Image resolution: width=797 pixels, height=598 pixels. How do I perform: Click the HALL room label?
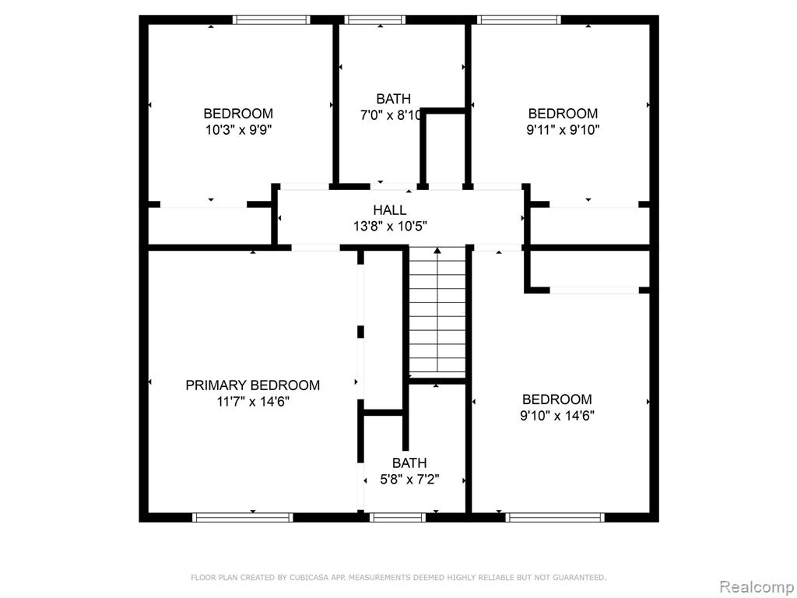pyautogui.click(x=389, y=210)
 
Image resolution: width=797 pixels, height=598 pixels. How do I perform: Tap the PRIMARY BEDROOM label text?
pyautogui.click(x=253, y=385)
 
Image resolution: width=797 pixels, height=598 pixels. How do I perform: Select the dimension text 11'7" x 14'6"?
pyautogui.click(x=253, y=402)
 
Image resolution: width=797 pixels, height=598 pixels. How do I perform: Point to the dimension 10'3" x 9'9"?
pyautogui.click(x=238, y=130)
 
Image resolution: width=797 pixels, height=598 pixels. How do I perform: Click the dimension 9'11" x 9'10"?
pyautogui.click(x=563, y=130)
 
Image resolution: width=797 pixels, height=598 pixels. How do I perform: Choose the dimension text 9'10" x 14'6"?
pyautogui.click(x=557, y=416)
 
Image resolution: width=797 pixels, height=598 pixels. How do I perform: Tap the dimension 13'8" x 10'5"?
pyautogui.click(x=390, y=227)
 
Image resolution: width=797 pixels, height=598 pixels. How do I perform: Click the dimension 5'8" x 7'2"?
pyautogui.click(x=409, y=480)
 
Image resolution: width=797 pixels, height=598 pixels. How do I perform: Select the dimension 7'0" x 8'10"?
pyautogui.click(x=391, y=115)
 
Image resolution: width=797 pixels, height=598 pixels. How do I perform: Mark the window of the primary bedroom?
pyautogui.click(x=243, y=518)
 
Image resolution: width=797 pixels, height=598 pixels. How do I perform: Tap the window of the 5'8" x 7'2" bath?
pyautogui.click(x=398, y=518)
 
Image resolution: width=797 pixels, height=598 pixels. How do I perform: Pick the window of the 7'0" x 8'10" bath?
pyautogui.click(x=374, y=19)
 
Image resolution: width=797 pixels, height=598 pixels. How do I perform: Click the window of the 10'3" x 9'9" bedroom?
pyautogui.click(x=272, y=19)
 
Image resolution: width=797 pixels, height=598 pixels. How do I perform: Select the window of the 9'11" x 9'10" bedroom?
pyautogui.click(x=519, y=19)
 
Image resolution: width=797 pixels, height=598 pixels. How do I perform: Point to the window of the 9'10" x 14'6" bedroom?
pyautogui.click(x=555, y=518)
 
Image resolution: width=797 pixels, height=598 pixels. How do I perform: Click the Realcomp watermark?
pyautogui.click(x=757, y=587)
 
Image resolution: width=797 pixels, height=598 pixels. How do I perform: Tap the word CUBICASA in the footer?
pyautogui.click(x=308, y=578)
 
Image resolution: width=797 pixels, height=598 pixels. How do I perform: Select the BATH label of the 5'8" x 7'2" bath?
pyautogui.click(x=409, y=463)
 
